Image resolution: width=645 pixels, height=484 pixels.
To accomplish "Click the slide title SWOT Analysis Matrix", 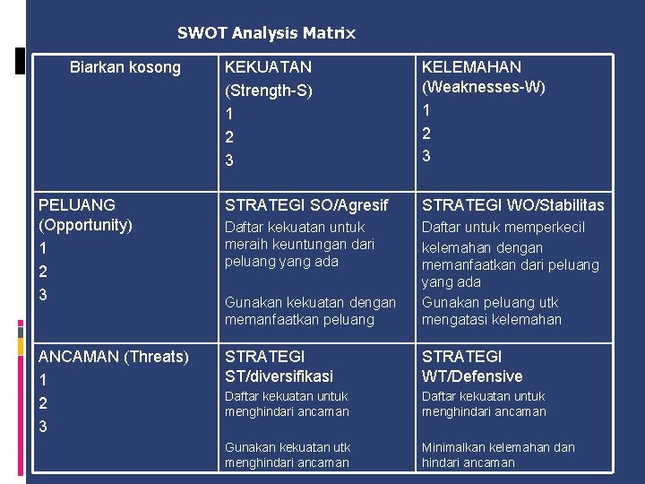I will [x=266, y=33].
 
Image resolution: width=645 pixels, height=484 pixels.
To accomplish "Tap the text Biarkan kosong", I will [x=125, y=67].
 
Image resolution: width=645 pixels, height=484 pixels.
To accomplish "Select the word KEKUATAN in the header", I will [x=268, y=67].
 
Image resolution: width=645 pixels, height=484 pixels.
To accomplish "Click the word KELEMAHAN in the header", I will [x=471, y=67].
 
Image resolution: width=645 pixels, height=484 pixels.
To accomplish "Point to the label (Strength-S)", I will [x=268, y=91].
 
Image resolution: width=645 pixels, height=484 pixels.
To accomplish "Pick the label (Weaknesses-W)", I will [x=483, y=87].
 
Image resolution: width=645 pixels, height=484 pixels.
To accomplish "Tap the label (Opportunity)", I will [x=86, y=225].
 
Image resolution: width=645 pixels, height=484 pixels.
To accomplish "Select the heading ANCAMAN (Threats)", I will [x=114, y=357].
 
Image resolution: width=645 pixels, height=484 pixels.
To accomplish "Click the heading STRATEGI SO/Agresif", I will [x=306, y=205].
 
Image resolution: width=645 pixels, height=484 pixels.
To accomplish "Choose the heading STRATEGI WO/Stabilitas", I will [x=513, y=205].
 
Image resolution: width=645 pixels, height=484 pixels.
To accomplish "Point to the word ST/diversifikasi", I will [x=279, y=376].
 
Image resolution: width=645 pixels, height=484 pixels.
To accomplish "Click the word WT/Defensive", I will [x=472, y=376].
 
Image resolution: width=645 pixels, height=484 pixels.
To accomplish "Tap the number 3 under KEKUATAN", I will [x=229, y=161].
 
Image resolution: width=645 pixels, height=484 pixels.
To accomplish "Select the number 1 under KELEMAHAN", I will [x=426, y=109].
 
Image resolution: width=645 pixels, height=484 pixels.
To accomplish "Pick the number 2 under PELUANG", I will [x=43, y=272].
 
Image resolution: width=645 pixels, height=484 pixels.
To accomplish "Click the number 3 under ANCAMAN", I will [x=43, y=427].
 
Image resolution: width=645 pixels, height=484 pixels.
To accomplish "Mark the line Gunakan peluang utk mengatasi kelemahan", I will [x=492, y=310].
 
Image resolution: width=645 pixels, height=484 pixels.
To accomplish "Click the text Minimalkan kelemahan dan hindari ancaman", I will [x=498, y=454].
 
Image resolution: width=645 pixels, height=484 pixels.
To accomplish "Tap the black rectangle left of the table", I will [x=20, y=60].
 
